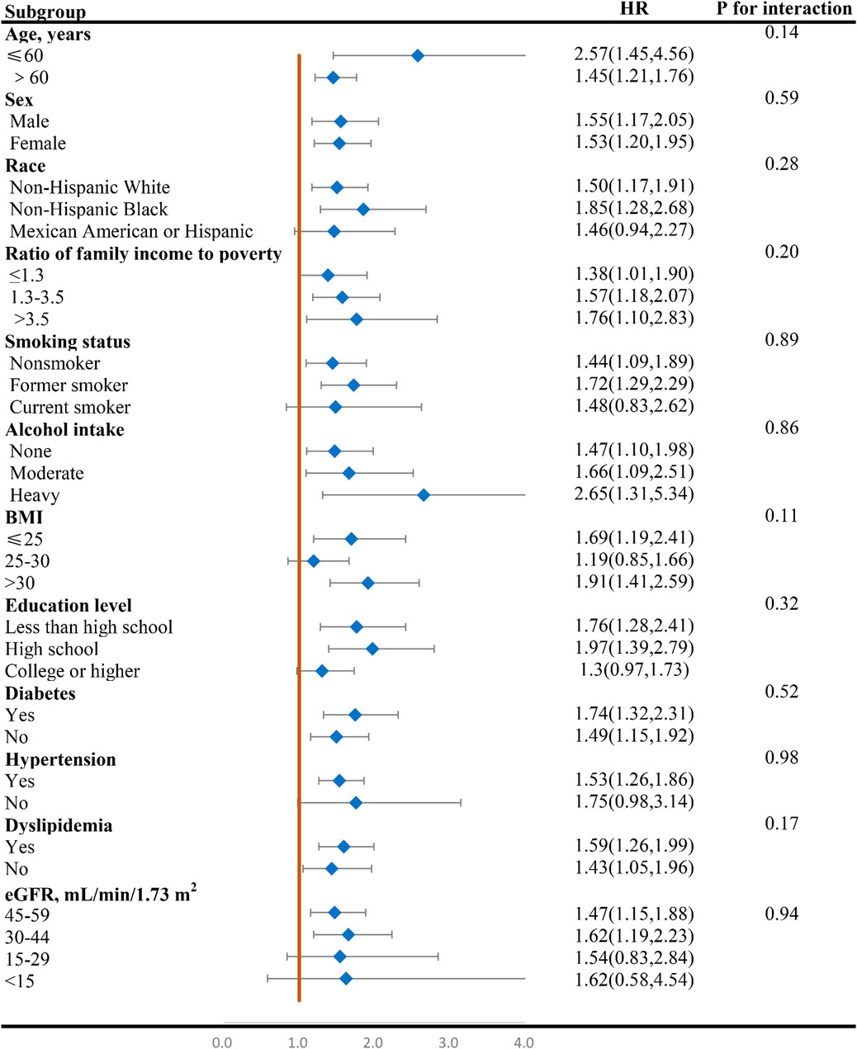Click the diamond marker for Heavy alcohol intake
coord(424,495)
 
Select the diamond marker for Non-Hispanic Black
coord(362,210)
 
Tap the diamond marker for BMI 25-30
coord(313,561)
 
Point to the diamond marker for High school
coord(372,650)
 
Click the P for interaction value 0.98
coord(781,758)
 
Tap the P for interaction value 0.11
coord(781,516)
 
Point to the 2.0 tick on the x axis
coord(372,1042)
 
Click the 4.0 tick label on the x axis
coord(523,1042)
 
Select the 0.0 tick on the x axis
coord(222,1042)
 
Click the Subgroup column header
coord(45,12)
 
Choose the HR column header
coord(633,10)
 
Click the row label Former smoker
coord(69,385)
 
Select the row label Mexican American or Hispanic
coord(131,231)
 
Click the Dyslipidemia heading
coord(59,825)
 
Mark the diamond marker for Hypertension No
coord(356,803)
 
